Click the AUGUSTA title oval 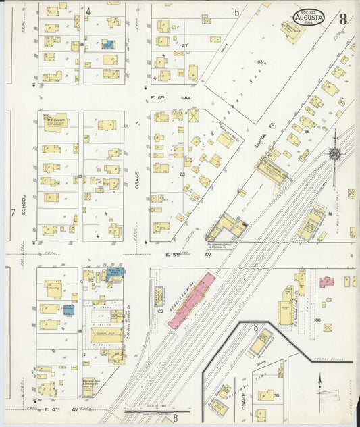(308, 17)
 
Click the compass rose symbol (334, 154)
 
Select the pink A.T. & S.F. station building (192, 301)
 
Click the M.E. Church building (55, 122)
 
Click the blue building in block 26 (107, 45)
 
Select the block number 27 (184, 46)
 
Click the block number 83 (259, 62)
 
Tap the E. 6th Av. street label (172, 99)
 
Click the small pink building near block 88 (327, 281)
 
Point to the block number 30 (276, 396)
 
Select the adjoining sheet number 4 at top (88, 11)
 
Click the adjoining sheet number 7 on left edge (11, 214)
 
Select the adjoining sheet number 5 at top (236, 12)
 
